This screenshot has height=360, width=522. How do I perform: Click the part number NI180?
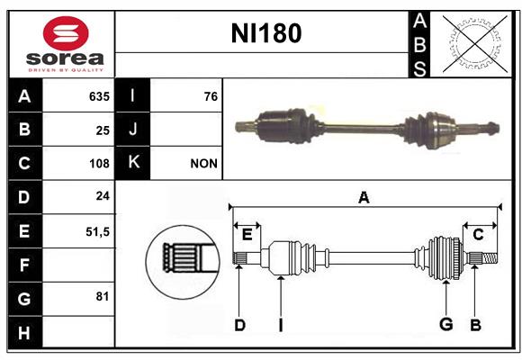(266, 33)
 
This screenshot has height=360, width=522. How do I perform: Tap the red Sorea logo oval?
(66, 33)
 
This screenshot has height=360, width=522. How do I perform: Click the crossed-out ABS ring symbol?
(475, 43)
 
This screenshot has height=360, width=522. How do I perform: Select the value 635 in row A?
(99, 96)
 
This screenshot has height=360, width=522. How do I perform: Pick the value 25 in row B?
(103, 130)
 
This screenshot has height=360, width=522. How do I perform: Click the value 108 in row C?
(99, 164)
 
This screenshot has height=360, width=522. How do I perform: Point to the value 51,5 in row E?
(97, 232)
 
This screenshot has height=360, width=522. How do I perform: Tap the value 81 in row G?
(103, 296)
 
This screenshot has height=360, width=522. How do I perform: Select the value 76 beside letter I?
(211, 96)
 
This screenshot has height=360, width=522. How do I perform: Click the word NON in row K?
(203, 164)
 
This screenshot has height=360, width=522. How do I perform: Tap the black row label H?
(25, 332)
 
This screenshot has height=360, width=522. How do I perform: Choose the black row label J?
(132, 130)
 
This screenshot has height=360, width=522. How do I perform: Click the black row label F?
(25, 265)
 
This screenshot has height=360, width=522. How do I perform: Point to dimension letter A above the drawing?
(364, 197)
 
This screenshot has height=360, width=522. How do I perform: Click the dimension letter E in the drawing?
(247, 235)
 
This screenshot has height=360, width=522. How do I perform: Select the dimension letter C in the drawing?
(478, 235)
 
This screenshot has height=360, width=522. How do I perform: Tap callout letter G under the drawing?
(446, 324)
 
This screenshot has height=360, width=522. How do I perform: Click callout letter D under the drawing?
(239, 325)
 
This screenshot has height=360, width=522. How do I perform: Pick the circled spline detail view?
(183, 262)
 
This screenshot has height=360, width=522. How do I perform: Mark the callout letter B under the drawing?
(475, 325)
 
